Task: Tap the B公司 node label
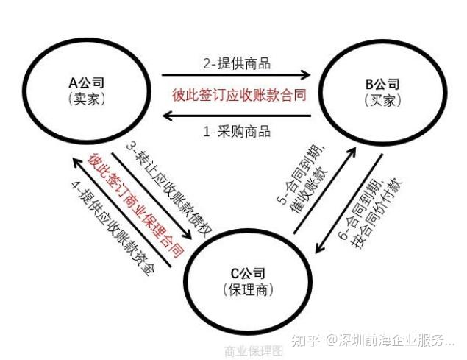[x=382, y=82]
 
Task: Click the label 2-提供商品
[x=237, y=63]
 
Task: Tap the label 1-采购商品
[x=237, y=132]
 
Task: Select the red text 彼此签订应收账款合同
[x=238, y=96]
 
